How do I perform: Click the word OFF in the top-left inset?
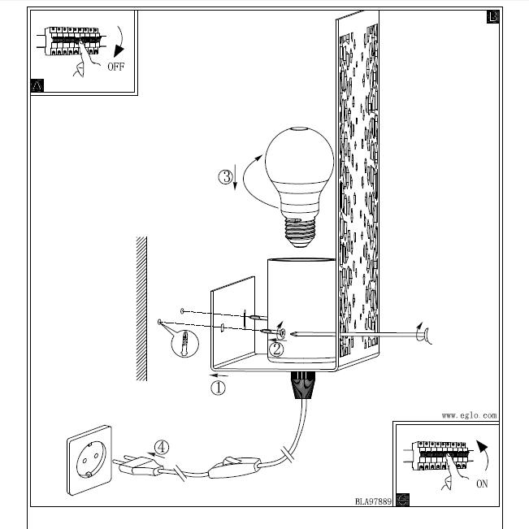pyautogui.click(x=115, y=67)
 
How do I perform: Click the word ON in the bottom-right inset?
pyautogui.click(x=483, y=484)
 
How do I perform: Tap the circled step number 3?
pyautogui.click(x=226, y=176)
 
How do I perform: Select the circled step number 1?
pyautogui.click(x=218, y=388)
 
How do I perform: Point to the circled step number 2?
pyautogui.click(x=277, y=349)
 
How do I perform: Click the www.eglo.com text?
pyautogui.click(x=469, y=414)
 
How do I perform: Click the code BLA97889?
pyautogui.click(x=373, y=501)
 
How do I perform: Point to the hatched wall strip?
pyautogui.click(x=141, y=308)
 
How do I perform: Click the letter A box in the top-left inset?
pyautogui.click(x=37, y=85)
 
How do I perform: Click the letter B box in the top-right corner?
pyautogui.click(x=492, y=17)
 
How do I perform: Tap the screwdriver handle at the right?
pyautogui.click(x=423, y=333)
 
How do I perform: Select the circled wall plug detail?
pyautogui.click(x=186, y=343)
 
